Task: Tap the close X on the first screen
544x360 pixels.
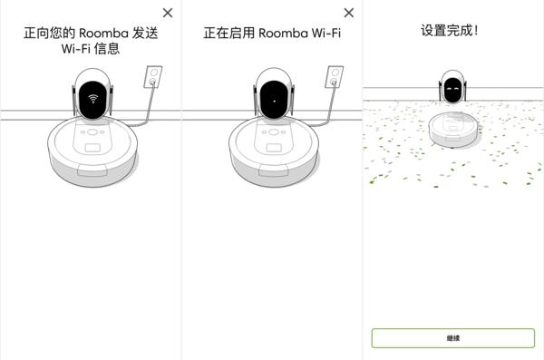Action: (167, 13)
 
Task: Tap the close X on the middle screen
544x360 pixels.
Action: (349, 13)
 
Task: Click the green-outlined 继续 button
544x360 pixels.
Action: (453, 337)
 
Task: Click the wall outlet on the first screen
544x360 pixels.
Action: (153, 77)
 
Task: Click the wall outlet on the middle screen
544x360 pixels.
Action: (335, 77)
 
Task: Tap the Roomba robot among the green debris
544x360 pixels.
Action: (452, 129)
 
